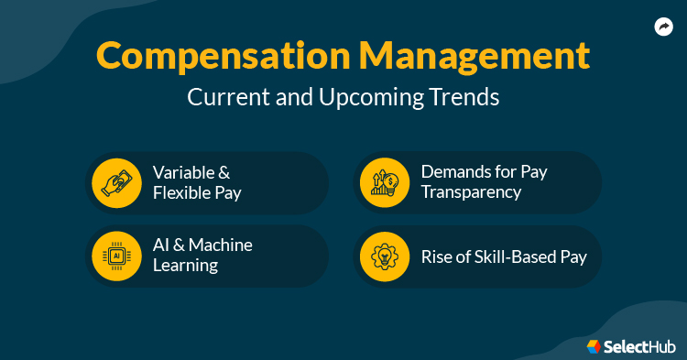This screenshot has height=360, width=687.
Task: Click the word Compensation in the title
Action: coord(207,57)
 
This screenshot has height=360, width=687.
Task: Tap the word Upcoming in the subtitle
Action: coord(373,97)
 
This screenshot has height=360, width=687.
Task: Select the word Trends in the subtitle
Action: coord(465,97)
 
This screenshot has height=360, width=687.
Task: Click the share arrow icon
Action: coord(664,27)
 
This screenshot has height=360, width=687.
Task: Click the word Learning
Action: coord(185,266)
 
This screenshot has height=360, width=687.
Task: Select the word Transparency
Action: coord(471,191)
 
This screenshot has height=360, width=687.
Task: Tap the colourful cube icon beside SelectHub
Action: coord(594,345)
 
